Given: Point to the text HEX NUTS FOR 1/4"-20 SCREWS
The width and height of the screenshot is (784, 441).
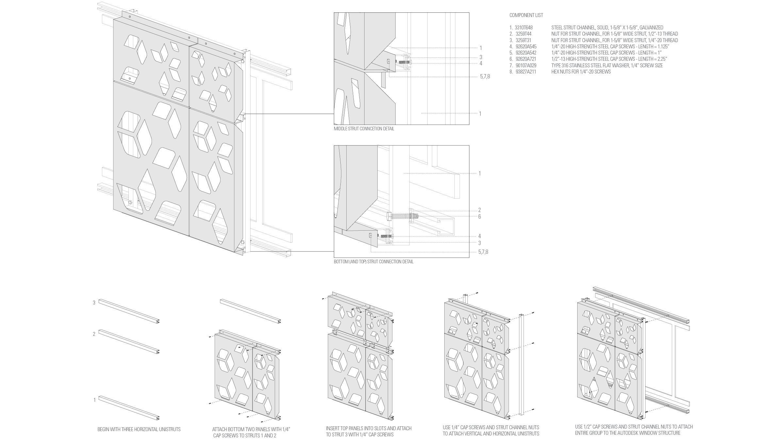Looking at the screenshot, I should pos(581,72).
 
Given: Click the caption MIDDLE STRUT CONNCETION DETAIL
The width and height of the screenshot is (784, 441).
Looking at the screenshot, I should pos(364,129).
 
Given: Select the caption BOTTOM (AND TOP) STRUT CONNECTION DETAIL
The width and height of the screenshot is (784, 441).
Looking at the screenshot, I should pos(373,262).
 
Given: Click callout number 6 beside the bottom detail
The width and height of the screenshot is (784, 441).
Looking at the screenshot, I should pos(480,217).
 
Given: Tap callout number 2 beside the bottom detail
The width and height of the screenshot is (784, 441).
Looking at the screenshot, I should pos(480,210).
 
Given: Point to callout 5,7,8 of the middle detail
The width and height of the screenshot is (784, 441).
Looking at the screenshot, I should pos(485,77).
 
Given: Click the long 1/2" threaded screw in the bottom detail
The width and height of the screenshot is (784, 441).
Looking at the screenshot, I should pos(400,216).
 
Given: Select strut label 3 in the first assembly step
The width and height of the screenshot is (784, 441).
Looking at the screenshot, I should pos(94,303).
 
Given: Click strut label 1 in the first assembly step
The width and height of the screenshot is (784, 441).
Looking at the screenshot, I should pos(95,400).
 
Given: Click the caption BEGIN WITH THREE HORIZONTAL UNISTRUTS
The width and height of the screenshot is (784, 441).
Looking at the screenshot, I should pos(139,429).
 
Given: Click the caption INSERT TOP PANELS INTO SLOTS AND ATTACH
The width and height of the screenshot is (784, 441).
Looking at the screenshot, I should pos(368,428).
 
